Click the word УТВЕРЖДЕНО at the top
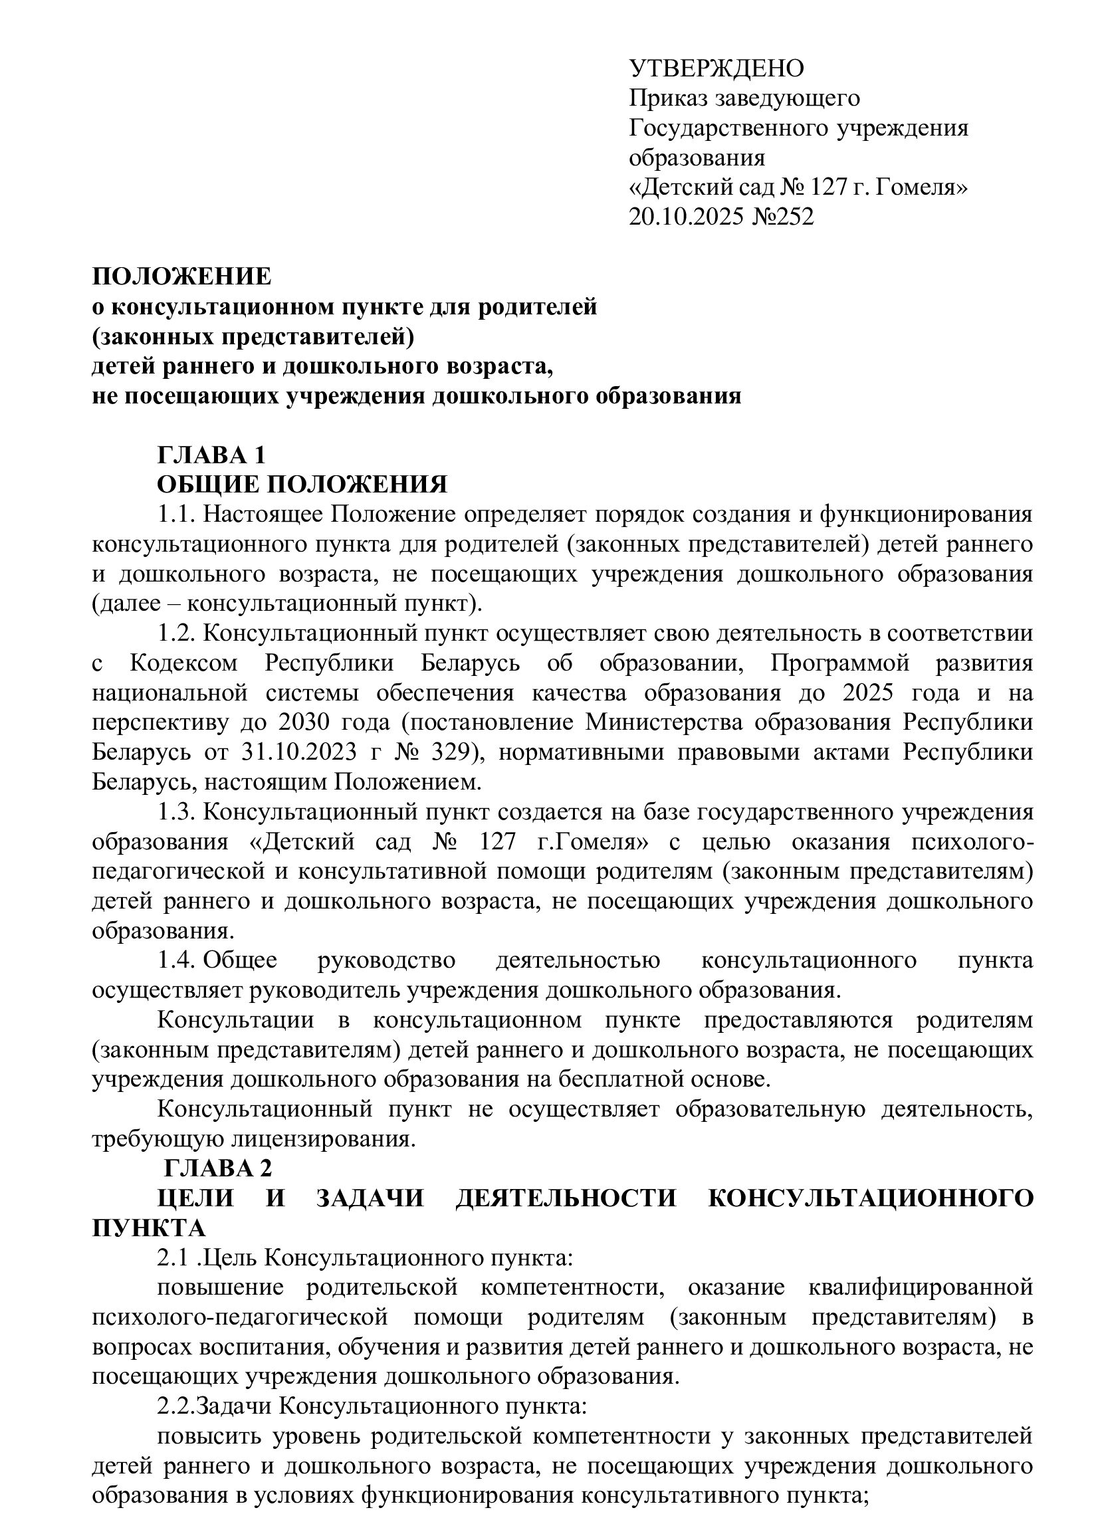716,68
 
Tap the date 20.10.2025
686,217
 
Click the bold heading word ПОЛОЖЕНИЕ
182,276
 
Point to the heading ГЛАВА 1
211,455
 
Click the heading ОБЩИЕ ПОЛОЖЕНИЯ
302,484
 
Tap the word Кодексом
184,663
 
